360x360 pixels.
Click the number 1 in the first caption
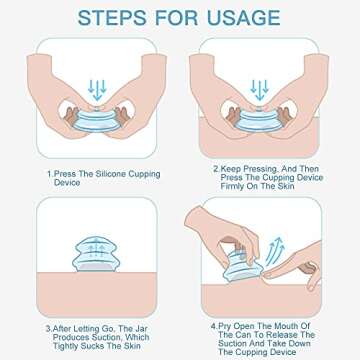pos(48,174)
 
